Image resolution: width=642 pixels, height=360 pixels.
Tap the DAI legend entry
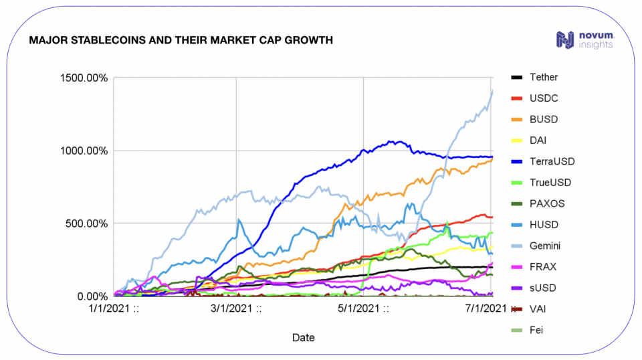538,141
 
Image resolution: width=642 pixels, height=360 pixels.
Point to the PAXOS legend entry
545,203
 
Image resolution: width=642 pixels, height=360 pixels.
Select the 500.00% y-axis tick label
82,223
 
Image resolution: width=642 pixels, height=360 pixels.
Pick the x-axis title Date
303,337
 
